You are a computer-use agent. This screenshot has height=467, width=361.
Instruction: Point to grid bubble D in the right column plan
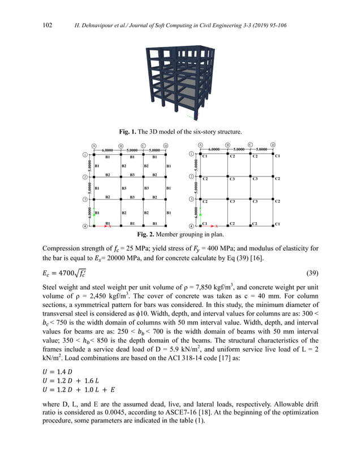click(274, 145)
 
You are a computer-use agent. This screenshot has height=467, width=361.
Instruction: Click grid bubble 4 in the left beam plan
click(85, 227)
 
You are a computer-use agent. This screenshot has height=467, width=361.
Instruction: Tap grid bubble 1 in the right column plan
click(192, 154)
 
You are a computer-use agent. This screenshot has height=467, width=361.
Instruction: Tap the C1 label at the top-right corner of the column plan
click(277, 156)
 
